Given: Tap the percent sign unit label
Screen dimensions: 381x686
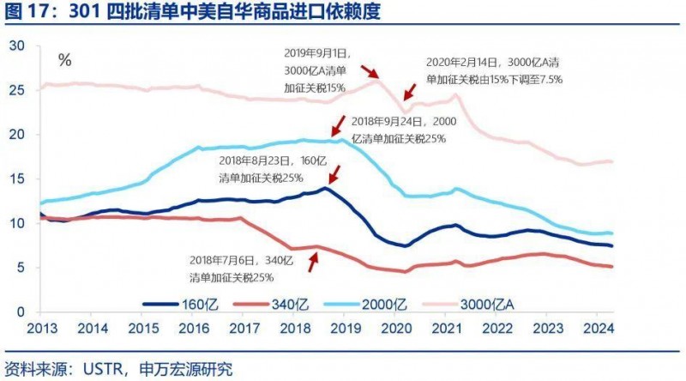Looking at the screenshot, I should click(x=64, y=60).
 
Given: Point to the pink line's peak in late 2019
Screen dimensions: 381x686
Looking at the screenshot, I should click(x=376, y=80).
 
